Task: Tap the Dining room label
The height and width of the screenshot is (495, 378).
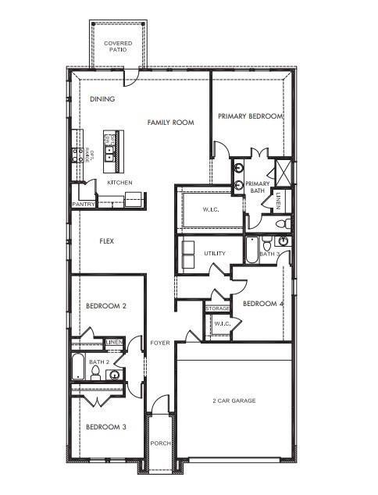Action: pyautogui.click(x=102, y=99)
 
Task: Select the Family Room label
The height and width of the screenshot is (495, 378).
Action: pyautogui.click(x=170, y=123)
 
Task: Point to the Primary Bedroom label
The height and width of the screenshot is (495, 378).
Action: pyautogui.click(x=250, y=116)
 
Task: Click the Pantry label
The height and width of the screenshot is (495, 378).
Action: pyautogui.click(x=84, y=205)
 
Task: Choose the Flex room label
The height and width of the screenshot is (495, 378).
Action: pyautogui.click(x=106, y=241)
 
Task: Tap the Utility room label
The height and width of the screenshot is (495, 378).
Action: pyautogui.click(x=215, y=254)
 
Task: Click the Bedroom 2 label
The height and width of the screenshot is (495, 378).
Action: pyautogui.click(x=105, y=306)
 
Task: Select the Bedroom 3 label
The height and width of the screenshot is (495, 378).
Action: pyautogui.click(x=105, y=426)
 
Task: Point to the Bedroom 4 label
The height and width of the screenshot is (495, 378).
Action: pyautogui.click(x=262, y=304)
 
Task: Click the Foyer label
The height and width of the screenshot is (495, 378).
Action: pyautogui.click(x=160, y=343)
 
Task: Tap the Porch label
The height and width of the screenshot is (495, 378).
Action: pyautogui.click(x=160, y=443)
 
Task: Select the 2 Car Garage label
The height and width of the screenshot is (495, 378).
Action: pyautogui.click(x=234, y=401)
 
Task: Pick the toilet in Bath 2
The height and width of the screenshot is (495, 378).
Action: pyautogui.click(x=95, y=375)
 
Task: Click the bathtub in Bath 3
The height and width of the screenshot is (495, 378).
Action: pyautogui.click(x=252, y=248)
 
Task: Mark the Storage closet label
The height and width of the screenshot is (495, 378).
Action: pyautogui.click(x=218, y=309)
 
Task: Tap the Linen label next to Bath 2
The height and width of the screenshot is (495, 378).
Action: pyautogui.click(x=114, y=342)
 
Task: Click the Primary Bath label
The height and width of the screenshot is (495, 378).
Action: pyautogui.click(x=257, y=187)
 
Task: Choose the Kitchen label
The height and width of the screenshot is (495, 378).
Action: pyautogui.click(x=119, y=183)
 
